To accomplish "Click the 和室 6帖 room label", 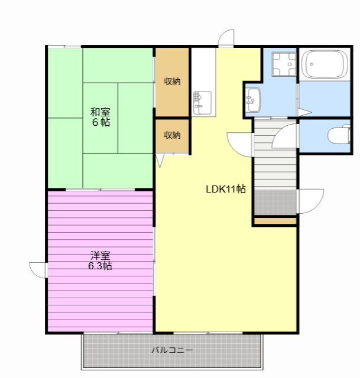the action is pos(100,117).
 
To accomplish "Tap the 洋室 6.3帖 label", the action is pos(100,260).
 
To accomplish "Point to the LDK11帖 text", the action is pos(226,189).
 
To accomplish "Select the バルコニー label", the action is pos(172,350).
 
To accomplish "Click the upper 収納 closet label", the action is pos(172,82).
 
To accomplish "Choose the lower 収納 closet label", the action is pos(172,135).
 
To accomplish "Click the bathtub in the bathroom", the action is pos(325,64).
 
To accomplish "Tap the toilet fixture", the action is pos(339,135).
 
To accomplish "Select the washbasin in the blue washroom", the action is pos(254,100).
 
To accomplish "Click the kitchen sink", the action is pos(202,103).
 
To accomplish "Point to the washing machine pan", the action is pos(284,64).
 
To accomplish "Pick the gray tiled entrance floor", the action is pos(275,202).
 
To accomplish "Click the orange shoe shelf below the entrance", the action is pos(275,221).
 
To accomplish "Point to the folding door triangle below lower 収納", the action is pos(160,161).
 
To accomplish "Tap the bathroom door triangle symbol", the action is pos(304,112).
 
